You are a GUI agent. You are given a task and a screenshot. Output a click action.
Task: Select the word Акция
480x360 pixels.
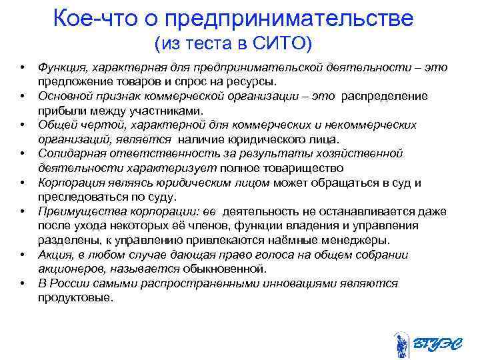[x=54, y=255]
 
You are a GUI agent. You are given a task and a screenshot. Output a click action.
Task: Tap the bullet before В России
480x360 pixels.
[x=23, y=283]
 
